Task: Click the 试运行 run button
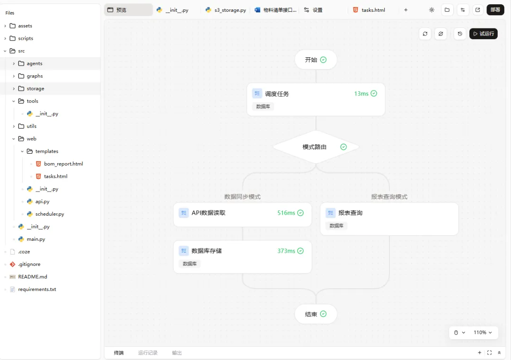point(483,34)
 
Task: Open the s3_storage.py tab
point(226,10)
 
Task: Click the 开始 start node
point(316,60)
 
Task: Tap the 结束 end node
point(316,314)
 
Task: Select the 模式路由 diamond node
point(316,147)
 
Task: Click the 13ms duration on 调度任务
point(361,94)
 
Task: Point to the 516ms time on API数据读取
point(286,213)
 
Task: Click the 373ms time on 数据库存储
point(286,251)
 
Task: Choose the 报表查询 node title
point(350,213)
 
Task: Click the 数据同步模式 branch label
point(242,197)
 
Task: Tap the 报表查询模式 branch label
point(389,197)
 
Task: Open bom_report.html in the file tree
point(63,164)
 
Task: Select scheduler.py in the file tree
point(50,214)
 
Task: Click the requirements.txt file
point(37,289)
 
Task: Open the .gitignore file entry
point(30,264)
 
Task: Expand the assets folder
point(25,26)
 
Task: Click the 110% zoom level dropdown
point(483,333)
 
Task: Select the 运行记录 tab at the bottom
point(148,353)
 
